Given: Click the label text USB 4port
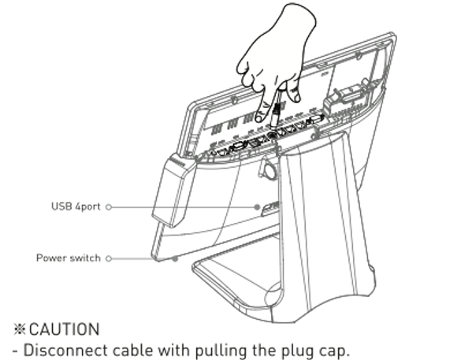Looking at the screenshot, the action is (76, 206).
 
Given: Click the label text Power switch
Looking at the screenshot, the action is (69, 258).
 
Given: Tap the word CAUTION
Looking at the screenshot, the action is (65, 329).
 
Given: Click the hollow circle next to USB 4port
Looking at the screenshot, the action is (109, 207).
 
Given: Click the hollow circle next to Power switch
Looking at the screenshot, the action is (109, 258).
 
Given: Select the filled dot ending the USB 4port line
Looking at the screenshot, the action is (257, 207).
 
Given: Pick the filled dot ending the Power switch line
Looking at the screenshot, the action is (175, 258).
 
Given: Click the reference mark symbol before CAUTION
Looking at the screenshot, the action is (20, 329).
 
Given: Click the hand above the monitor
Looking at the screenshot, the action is (277, 60).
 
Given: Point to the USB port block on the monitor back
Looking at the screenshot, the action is (269, 208).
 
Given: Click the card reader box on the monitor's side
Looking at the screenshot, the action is (173, 190).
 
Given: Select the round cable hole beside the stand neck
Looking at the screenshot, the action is (267, 169).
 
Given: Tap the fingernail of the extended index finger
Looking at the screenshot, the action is (259, 118).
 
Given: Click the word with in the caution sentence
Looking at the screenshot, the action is (174, 350).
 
